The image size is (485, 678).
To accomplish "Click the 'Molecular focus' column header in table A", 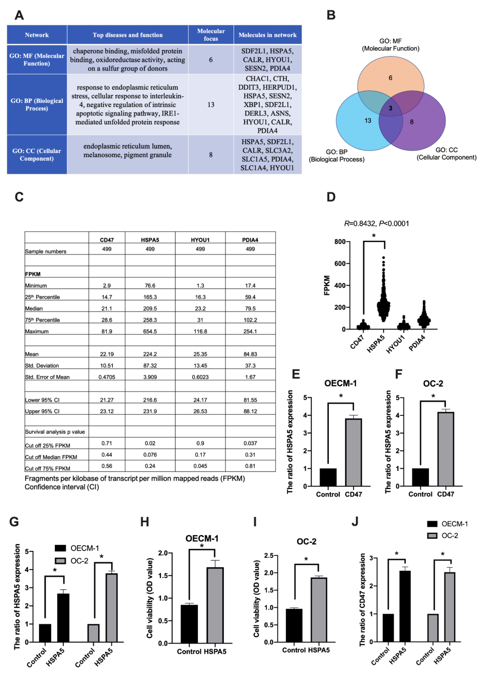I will tap(211, 35).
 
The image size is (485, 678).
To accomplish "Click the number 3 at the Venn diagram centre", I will tap(390, 108).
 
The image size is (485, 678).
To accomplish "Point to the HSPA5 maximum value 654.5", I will tap(150, 331).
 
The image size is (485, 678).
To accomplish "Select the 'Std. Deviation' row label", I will tap(42, 366).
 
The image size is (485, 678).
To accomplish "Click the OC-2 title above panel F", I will tap(433, 383).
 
